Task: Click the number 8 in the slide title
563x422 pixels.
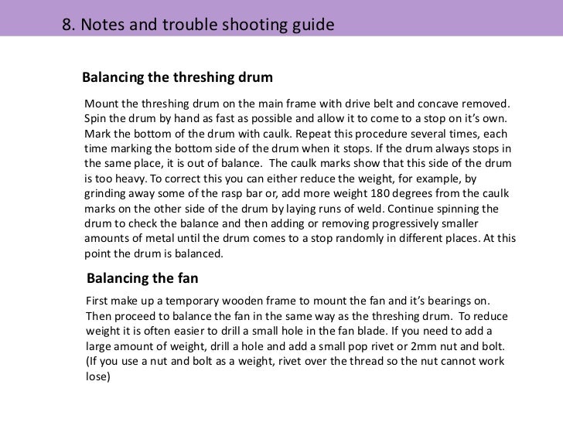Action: point(67,25)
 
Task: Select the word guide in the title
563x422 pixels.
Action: point(311,25)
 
